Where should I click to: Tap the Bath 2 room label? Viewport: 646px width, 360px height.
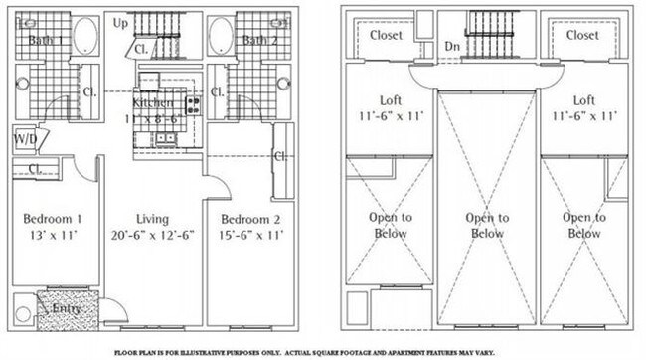point(259,41)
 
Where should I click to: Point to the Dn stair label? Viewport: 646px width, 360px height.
point(452,46)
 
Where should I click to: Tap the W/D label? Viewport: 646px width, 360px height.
point(25,140)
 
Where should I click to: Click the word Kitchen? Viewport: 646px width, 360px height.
point(154,102)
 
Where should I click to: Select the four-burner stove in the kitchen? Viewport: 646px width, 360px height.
point(192,103)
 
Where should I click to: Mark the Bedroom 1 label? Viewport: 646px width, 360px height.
point(51,219)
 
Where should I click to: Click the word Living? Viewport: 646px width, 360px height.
point(152,219)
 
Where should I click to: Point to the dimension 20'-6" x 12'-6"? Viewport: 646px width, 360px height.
point(152,236)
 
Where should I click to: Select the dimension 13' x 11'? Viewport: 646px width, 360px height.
point(51,236)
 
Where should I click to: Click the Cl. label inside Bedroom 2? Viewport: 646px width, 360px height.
point(279,156)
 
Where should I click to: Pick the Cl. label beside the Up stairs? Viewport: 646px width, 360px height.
point(141,47)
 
